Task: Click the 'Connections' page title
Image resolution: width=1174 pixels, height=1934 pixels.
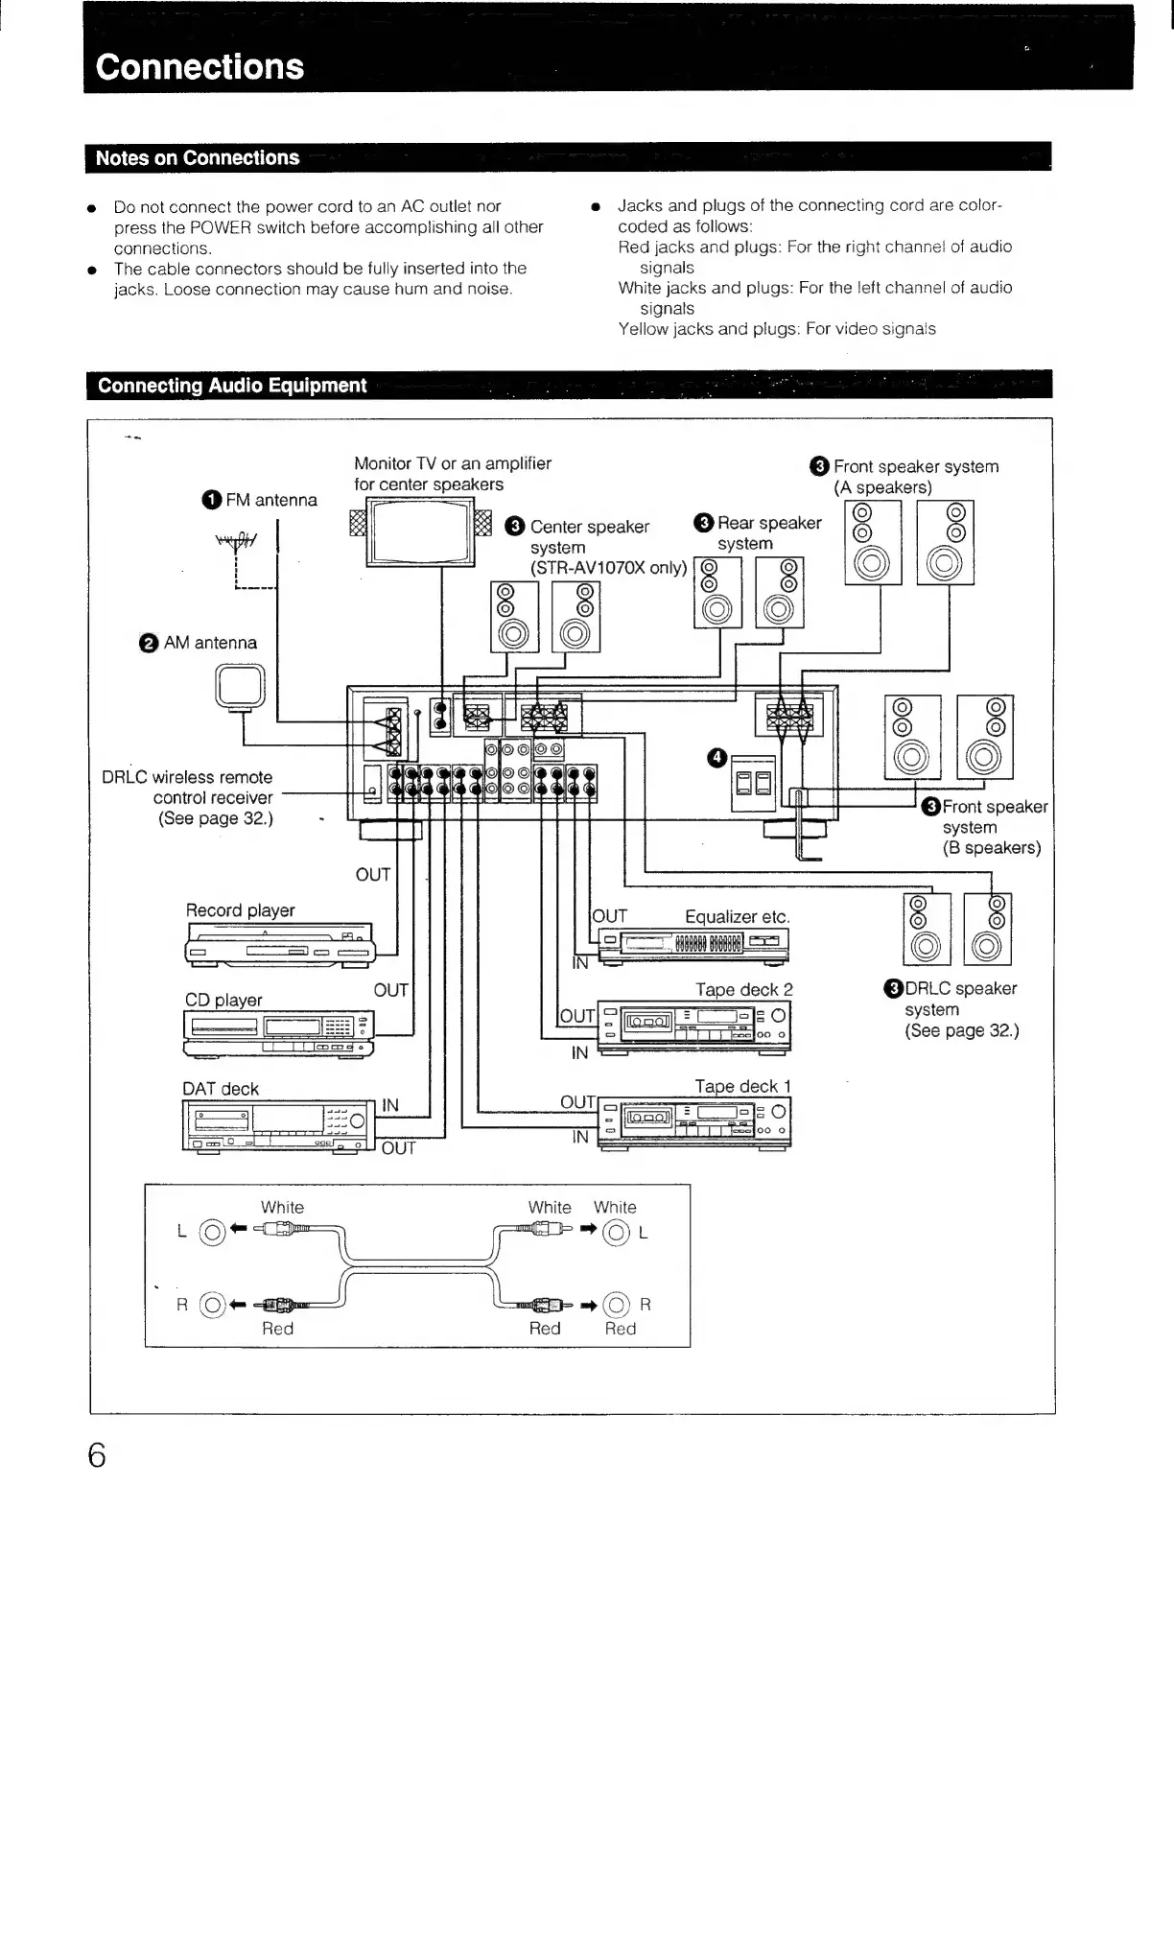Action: [200, 66]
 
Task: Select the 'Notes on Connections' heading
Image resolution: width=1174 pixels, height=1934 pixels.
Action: [197, 158]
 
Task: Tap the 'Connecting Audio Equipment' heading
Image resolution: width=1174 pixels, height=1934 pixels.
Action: [232, 386]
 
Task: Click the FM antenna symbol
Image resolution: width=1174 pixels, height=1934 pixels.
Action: [236, 547]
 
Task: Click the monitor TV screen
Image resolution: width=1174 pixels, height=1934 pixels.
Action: [420, 532]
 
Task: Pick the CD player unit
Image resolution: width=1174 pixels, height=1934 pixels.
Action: [278, 1033]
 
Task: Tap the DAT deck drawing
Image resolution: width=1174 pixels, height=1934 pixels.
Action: [276, 1124]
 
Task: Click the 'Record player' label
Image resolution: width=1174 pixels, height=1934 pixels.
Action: [240, 910]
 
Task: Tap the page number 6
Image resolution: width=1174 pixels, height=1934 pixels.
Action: [97, 1455]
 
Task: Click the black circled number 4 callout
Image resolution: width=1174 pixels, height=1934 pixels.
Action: [716, 759]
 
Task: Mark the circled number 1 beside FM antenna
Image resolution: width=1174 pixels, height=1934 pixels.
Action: [211, 500]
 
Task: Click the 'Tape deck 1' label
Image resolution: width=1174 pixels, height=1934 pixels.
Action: [742, 1087]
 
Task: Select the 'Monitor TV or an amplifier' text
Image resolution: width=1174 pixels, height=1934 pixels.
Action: [453, 464]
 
